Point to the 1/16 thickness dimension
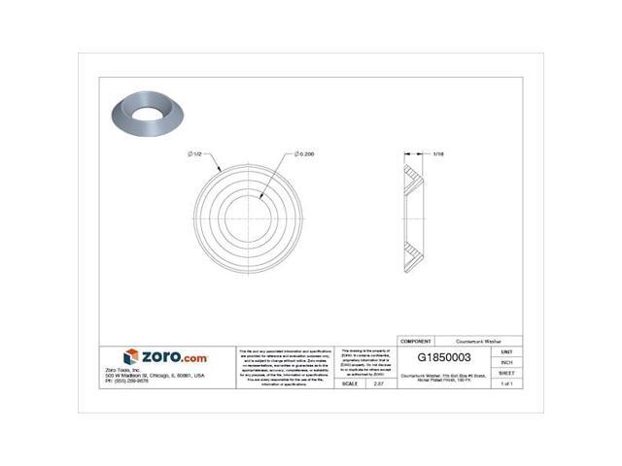tap(439, 153)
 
